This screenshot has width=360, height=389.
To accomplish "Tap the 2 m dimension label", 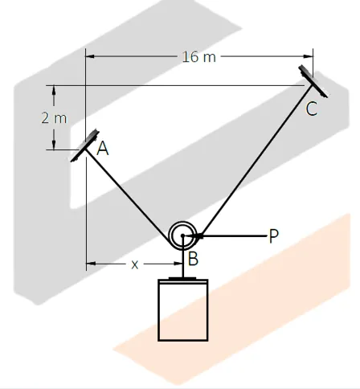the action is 54,117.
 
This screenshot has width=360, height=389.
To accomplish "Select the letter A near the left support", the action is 102,149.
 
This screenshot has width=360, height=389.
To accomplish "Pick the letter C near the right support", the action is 312,110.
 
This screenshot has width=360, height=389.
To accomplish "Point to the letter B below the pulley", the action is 193,259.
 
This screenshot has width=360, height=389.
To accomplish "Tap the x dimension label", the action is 135,264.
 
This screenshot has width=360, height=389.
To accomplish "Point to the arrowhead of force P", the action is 198,235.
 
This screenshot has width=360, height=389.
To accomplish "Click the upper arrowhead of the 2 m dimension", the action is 54,89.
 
